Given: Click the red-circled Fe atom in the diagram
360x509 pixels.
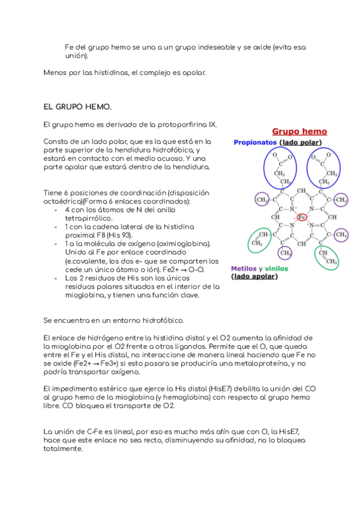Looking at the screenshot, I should tap(302, 217).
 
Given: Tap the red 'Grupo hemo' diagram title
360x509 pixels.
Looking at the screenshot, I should tap(299, 131).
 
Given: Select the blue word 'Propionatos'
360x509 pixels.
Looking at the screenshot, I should tap(256, 142).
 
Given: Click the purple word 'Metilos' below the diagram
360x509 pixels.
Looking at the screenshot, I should tap(244, 268).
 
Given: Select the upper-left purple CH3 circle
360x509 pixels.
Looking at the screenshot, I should tap(262, 199).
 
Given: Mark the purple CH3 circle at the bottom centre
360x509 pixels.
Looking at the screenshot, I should tap(284, 252).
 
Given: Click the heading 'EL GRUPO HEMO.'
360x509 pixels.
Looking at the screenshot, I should tap(77, 106).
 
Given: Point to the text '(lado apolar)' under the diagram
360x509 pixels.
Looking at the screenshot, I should tap(254, 277).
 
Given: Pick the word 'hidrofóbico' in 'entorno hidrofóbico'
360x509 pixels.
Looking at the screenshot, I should tap(163, 320).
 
